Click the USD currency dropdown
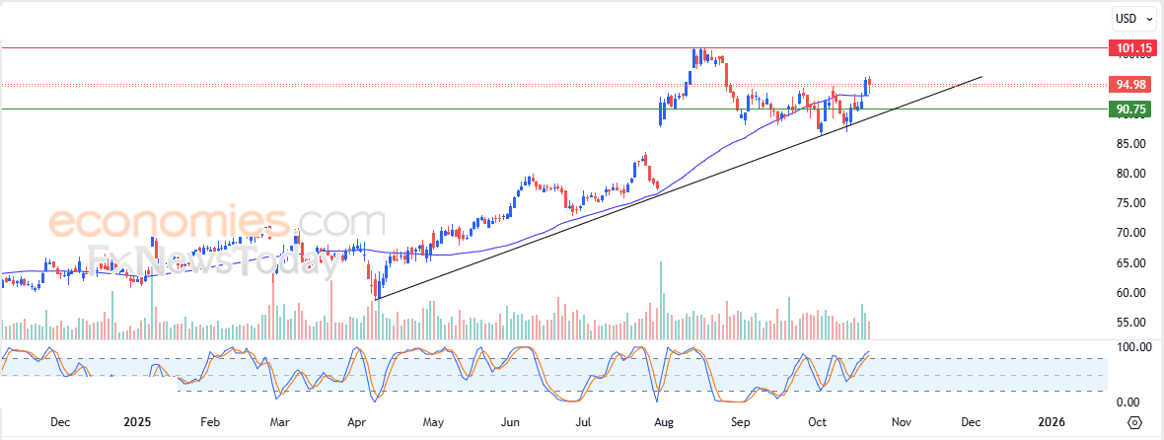(1130, 18)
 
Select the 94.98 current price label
(1130, 84)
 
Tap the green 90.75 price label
(1130, 110)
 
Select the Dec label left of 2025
(59, 422)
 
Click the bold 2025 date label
(137, 422)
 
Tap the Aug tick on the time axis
(664, 422)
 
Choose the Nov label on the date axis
(900, 422)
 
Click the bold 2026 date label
(1052, 422)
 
